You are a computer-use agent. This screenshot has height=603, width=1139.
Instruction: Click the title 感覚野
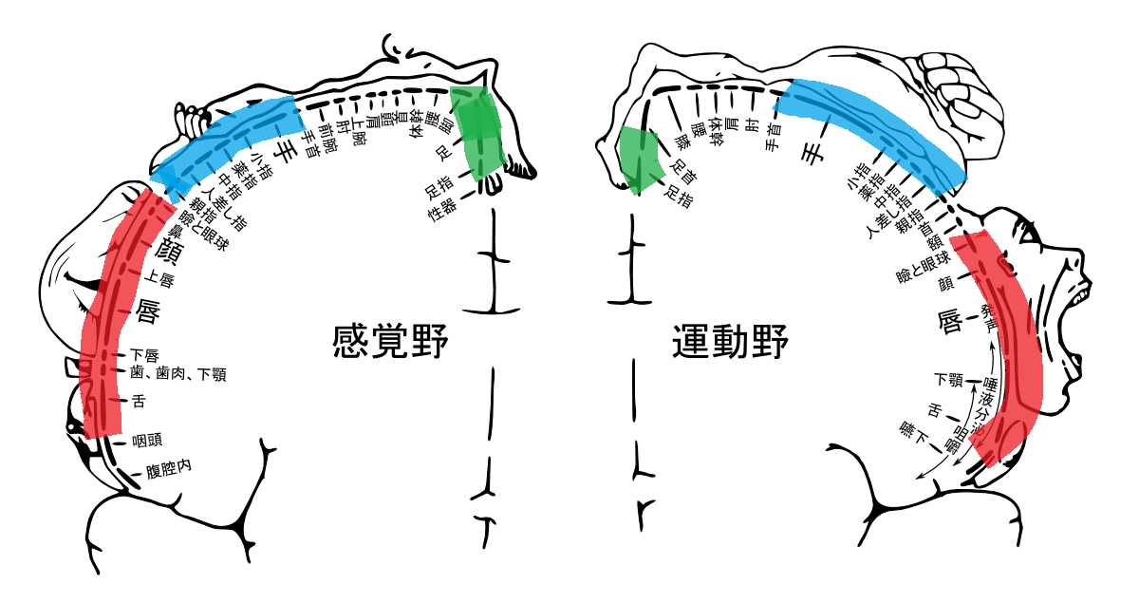(390, 343)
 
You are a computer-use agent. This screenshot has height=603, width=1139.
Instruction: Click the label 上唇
(159, 278)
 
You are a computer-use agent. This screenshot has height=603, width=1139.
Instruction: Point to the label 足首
(681, 171)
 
